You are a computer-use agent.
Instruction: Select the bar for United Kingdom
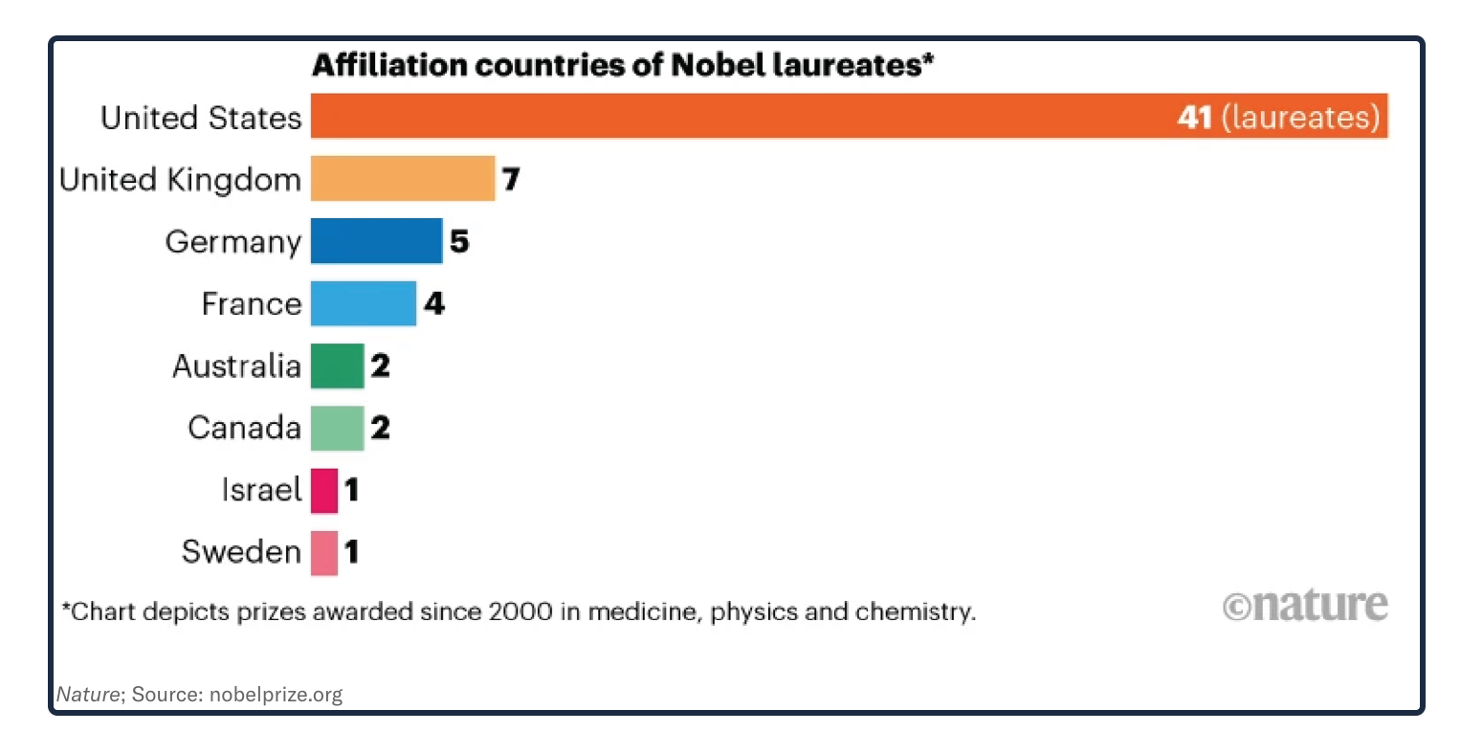click(x=403, y=179)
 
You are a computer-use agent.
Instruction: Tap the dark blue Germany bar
click(x=376, y=241)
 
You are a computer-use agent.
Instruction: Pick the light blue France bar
click(x=364, y=303)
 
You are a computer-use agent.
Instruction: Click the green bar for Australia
click(x=337, y=366)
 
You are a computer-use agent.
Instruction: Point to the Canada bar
click(x=337, y=428)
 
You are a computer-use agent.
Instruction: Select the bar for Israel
click(x=324, y=490)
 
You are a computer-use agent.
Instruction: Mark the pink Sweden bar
click(x=324, y=552)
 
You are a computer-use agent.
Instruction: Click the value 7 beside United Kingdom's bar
click(x=511, y=179)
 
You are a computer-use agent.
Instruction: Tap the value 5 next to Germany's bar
click(x=459, y=241)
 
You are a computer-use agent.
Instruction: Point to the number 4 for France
click(x=434, y=303)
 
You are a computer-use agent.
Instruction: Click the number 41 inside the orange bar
click(x=1195, y=117)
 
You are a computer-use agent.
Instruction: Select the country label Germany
click(x=233, y=241)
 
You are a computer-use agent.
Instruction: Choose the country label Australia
click(x=236, y=366)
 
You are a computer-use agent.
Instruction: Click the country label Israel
click(x=261, y=490)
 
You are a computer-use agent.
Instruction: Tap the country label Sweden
click(x=241, y=552)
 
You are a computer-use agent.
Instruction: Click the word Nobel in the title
click(x=717, y=65)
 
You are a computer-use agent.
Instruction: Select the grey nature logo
click(x=1305, y=606)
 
